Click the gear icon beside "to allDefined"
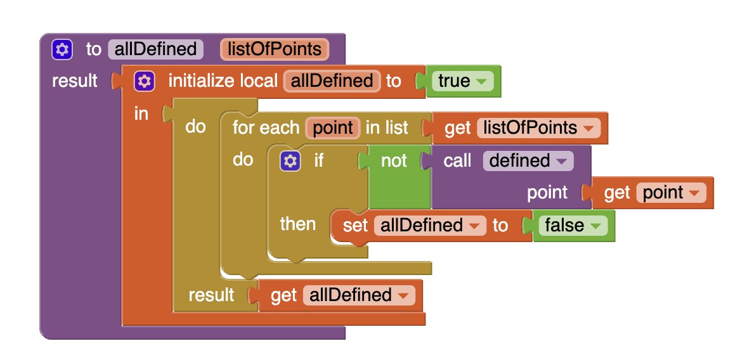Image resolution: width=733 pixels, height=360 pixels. click(x=62, y=49)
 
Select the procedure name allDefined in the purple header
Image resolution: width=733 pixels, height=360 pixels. click(x=156, y=49)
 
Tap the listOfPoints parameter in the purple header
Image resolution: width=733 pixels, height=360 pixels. click(x=275, y=49)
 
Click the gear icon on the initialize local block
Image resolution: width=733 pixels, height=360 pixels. click(x=144, y=81)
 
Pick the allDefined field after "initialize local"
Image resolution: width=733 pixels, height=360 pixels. click(x=332, y=81)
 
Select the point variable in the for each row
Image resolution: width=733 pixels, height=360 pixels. click(x=332, y=127)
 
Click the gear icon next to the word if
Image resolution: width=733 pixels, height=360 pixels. click(x=290, y=161)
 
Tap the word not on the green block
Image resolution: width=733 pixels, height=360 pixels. click(x=394, y=161)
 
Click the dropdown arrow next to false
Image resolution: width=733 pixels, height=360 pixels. click(x=595, y=226)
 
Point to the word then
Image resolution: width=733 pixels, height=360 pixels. click(x=298, y=224)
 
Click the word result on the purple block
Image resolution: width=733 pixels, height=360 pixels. click(x=75, y=81)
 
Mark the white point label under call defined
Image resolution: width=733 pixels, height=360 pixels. click(x=547, y=193)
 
